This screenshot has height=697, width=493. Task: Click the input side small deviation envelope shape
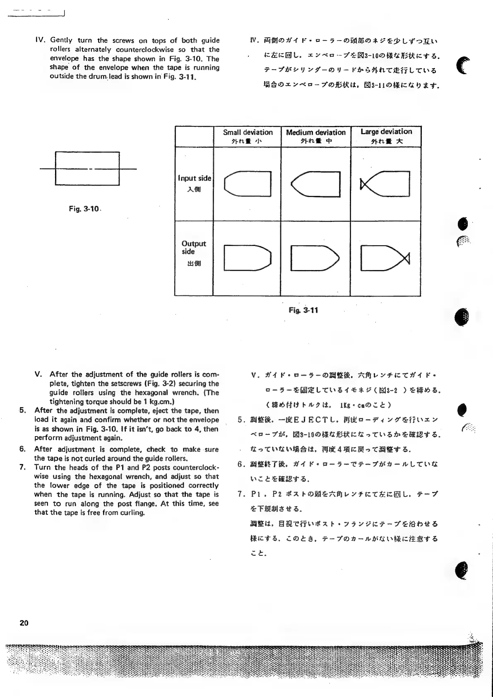(x=248, y=183)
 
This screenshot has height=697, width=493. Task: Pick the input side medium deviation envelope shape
(x=315, y=183)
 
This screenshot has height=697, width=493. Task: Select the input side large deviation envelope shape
(x=385, y=183)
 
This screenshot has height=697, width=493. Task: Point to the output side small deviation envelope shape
(x=248, y=258)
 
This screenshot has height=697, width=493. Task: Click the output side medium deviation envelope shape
(x=315, y=258)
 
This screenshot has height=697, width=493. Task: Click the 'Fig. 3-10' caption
(x=84, y=209)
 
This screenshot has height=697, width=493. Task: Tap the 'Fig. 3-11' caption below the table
(x=303, y=310)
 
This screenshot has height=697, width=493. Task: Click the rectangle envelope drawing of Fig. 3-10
(x=87, y=169)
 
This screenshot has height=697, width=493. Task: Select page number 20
(x=24, y=623)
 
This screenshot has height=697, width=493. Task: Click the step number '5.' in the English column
(x=23, y=410)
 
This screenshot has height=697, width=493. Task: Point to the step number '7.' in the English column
(x=23, y=468)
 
